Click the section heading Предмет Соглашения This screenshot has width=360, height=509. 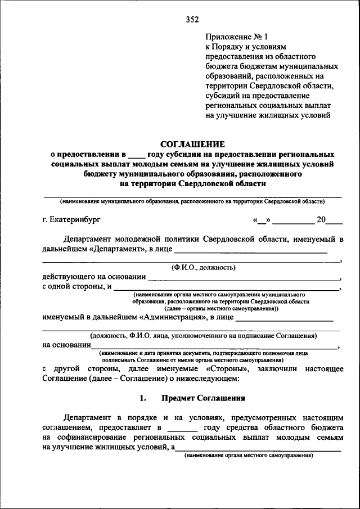(203, 398)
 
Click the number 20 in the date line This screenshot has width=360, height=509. (321, 219)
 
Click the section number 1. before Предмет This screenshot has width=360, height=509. (143, 398)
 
